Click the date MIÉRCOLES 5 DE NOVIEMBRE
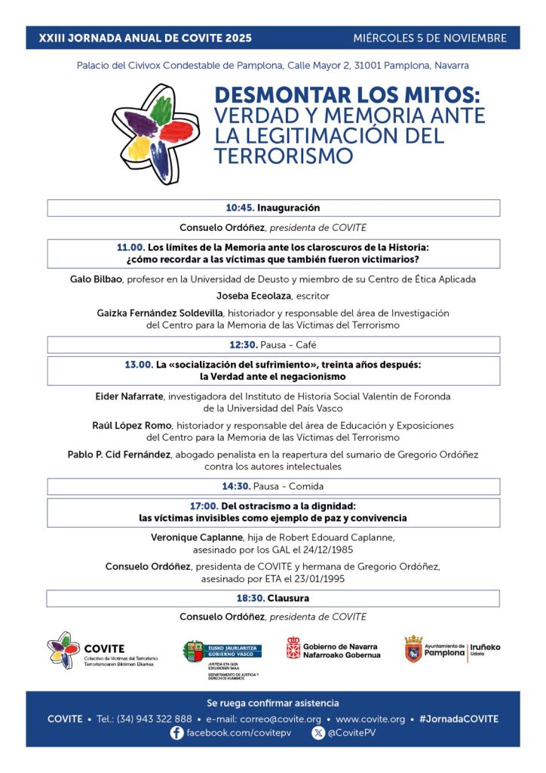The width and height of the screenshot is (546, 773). click(x=430, y=38)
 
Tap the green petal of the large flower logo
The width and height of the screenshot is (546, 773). click(x=161, y=110)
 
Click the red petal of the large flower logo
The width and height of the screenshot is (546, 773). click(x=179, y=132)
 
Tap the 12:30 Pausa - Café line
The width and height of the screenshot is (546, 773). click(x=273, y=345)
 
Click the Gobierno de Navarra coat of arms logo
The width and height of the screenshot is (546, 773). click(x=293, y=648)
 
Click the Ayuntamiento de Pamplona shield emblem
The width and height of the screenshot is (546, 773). click(x=413, y=648)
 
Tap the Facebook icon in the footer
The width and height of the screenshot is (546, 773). click(x=177, y=733)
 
